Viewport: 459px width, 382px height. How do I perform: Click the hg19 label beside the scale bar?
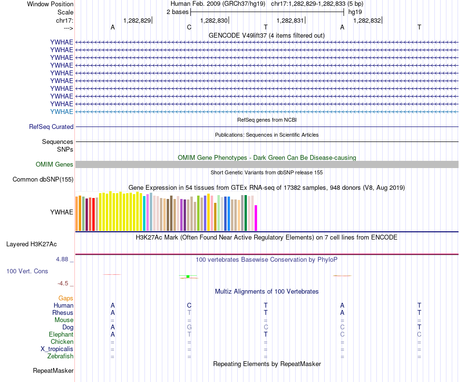point(355,12)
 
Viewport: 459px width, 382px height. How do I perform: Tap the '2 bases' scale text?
point(177,12)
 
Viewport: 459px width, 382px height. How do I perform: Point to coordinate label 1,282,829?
point(137,20)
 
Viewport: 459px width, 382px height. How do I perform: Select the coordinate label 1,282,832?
point(367,20)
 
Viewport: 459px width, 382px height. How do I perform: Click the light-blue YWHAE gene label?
point(62,112)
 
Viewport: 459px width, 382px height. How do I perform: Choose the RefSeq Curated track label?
point(51,127)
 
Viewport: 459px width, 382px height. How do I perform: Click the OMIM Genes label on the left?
point(55,165)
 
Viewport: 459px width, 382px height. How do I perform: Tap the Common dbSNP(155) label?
point(43,180)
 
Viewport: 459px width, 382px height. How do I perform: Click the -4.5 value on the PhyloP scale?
point(65,283)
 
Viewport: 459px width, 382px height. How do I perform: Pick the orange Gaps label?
point(66,298)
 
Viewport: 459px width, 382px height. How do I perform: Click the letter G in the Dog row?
point(189,327)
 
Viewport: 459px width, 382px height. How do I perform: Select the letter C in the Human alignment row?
point(189,305)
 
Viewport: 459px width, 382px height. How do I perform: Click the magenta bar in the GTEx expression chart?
point(256,218)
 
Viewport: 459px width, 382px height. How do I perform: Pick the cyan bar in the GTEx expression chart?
point(144,213)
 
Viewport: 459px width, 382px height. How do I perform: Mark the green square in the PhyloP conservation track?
point(187,276)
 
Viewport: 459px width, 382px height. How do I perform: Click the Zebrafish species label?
point(60,356)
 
